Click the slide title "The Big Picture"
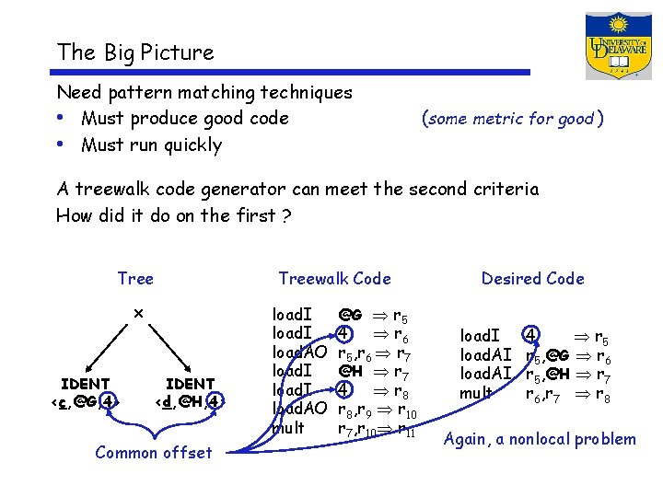pyautogui.click(x=134, y=52)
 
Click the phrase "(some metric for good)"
pyautogui.click(x=512, y=118)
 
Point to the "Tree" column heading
pyautogui.click(x=135, y=278)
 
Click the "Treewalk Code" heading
pyautogui.click(x=334, y=278)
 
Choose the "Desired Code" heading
pyautogui.click(x=532, y=278)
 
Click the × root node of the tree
pyautogui.click(x=138, y=313)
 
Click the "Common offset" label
pyautogui.click(x=153, y=452)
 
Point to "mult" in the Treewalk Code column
pyautogui.click(x=287, y=428)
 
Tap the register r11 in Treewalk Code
pyautogui.click(x=405, y=430)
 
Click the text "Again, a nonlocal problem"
pyautogui.click(x=539, y=439)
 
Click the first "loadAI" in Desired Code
pyautogui.click(x=485, y=355)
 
